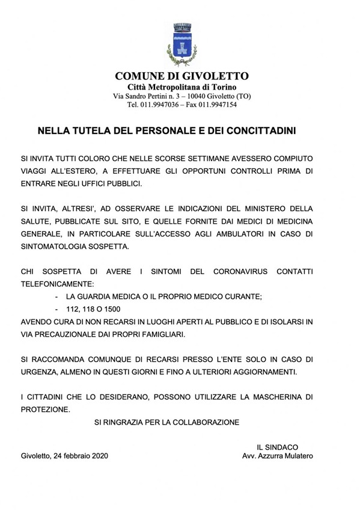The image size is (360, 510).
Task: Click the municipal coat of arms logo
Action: [x=182, y=44]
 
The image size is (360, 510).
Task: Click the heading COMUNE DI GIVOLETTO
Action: [x=182, y=76]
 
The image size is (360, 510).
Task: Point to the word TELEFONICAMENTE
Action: [x=59, y=283]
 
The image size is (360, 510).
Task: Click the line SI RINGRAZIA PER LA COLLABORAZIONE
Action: [x=166, y=422]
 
